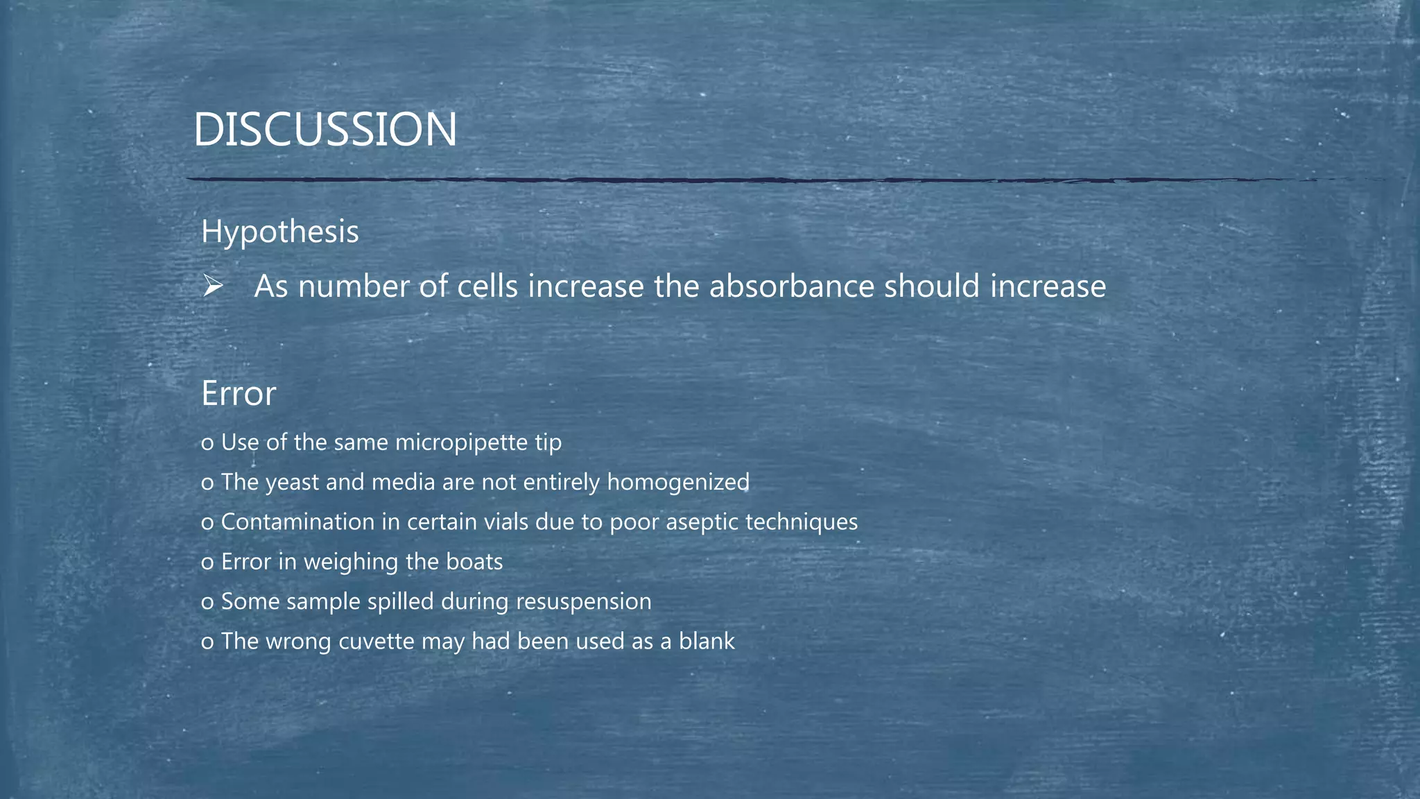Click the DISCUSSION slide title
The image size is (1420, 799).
324,130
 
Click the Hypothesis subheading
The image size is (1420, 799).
279,231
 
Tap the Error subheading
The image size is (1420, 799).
239,393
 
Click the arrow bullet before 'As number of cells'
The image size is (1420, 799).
212,286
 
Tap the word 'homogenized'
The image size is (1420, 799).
677,482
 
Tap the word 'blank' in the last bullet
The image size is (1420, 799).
707,641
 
